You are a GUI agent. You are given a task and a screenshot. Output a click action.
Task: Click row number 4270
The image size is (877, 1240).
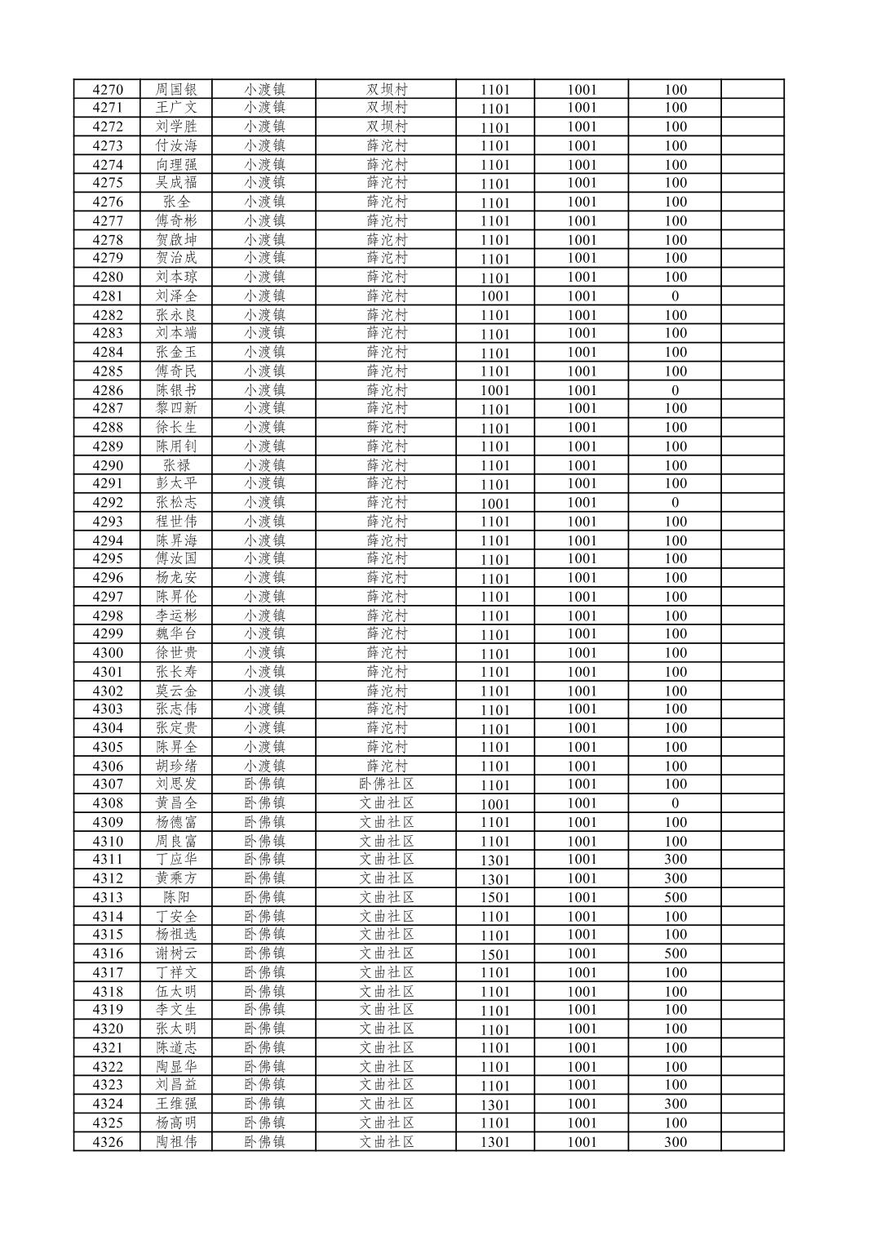[108, 90]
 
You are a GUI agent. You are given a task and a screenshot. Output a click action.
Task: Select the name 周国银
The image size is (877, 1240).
[176, 90]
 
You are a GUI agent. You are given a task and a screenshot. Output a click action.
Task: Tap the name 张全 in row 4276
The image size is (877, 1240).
[176, 202]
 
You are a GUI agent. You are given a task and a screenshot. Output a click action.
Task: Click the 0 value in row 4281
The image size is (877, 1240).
[675, 296]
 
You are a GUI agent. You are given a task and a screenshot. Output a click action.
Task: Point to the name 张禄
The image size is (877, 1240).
[176, 465]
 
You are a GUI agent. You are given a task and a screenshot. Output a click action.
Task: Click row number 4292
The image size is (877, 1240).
[108, 503]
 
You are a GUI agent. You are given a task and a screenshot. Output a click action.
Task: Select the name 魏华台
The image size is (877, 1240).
[176, 633]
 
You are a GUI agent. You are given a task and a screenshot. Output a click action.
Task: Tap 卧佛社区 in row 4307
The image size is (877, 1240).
[387, 784]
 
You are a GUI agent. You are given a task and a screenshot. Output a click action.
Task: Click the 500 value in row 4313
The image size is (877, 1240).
[675, 897]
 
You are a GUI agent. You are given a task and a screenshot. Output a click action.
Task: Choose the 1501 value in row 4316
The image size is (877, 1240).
[494, 954]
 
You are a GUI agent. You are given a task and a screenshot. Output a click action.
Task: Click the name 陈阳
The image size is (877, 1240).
[176, 897]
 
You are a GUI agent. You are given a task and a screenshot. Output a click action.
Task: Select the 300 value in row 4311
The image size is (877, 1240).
[675, 860]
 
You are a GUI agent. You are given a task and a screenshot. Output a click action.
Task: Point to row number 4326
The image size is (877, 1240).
[108, 1142]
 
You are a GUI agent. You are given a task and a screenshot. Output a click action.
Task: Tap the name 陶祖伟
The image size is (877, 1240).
[176, 1142]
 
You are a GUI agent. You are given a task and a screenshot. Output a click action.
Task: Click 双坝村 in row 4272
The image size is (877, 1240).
[387, 127]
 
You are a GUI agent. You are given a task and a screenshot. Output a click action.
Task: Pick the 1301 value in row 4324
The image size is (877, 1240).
[494, 1104]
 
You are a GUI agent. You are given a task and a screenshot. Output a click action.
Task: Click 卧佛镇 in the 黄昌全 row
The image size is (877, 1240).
[264, 803]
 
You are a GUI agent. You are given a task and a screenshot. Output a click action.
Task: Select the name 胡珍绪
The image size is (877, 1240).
[176, 766]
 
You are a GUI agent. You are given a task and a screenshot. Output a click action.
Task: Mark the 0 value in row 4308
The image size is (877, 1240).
[675, 803]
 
